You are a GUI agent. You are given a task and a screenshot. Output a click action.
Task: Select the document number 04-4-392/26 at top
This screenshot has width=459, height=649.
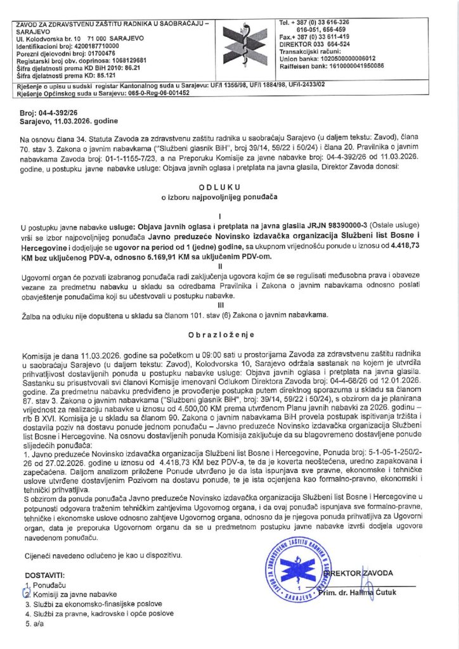point(57,110)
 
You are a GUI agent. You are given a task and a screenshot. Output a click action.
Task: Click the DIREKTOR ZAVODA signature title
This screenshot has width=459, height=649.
point(358,573)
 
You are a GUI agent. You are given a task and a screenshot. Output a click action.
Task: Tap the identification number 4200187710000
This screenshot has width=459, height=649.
point(94,47)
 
